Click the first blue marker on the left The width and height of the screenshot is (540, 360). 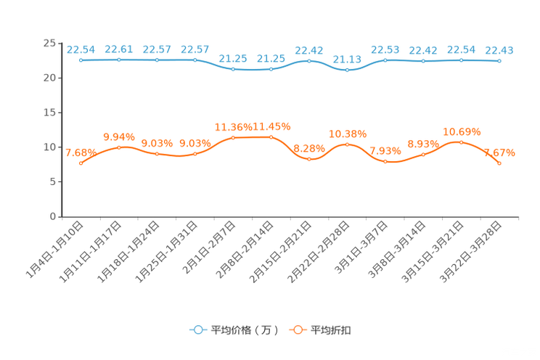(81, 60)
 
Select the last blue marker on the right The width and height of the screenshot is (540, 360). (499, 62)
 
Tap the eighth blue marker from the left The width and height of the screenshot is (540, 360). (348, 70)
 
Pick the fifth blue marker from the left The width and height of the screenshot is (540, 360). (233, 69)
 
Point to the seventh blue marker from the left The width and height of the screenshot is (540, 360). (309, 61)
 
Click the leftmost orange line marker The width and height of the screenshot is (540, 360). (81, 163)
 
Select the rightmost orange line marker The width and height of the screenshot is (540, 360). (499, 163)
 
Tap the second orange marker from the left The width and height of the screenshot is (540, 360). (119, 147)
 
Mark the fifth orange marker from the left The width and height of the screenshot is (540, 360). (233, 137)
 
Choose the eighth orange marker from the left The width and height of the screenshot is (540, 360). (348, 144)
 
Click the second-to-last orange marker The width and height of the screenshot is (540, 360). (461, 142)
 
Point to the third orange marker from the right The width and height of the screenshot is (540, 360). (423, 154)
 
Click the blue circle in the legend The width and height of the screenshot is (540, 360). (197, 330)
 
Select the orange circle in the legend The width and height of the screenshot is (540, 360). (297, 330)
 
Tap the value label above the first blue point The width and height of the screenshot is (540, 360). (81, 49)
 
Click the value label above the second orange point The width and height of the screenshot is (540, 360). (119, 136)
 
